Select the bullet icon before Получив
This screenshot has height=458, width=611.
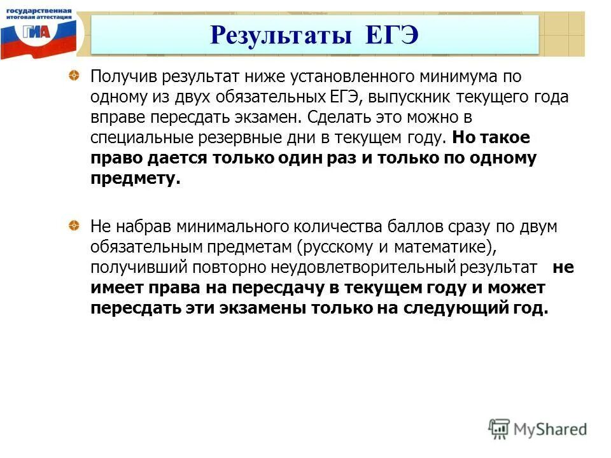click(74, 77)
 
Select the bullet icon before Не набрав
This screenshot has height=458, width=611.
click(74, 226)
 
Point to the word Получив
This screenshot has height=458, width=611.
click(123, 78)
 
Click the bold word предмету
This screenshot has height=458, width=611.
click(136, 179)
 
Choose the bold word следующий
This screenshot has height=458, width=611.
click(468, 308)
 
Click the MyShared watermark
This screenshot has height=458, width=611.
click(538, 428)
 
